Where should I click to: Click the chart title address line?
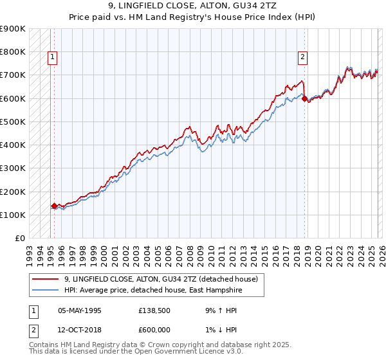point(192,7)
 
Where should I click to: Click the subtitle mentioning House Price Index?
point(192,17)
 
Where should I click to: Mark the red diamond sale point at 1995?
point(54,206)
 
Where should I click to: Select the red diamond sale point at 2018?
point(304,99)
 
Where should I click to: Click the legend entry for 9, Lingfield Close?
point(161,279)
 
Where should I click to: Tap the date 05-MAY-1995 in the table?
point(80,310)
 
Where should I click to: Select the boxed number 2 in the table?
point(33,328)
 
